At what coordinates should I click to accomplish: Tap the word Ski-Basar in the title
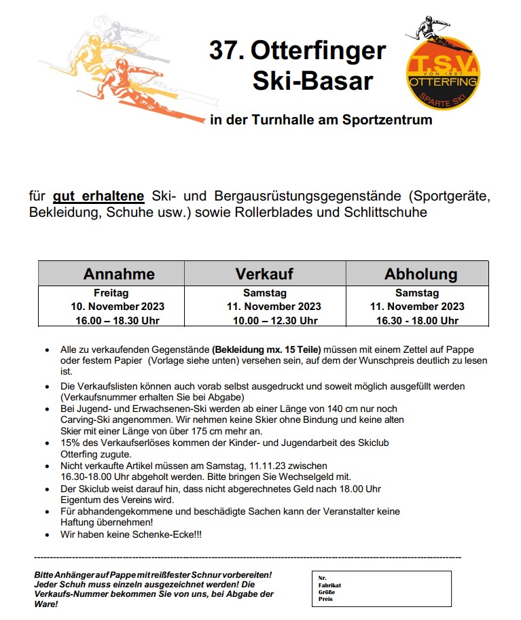point(312,81)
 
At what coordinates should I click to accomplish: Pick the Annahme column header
point(119,274)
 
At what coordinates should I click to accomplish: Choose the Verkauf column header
point(264,274)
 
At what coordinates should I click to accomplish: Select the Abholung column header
point(420,274)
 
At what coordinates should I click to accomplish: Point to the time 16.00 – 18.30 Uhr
point(118,320)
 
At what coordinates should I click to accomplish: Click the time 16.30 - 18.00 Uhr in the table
point(416,320)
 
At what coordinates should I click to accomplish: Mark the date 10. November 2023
point(118,307)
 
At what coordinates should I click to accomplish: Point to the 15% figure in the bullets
point(71,443)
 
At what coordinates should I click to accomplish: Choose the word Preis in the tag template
point(325,599)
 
